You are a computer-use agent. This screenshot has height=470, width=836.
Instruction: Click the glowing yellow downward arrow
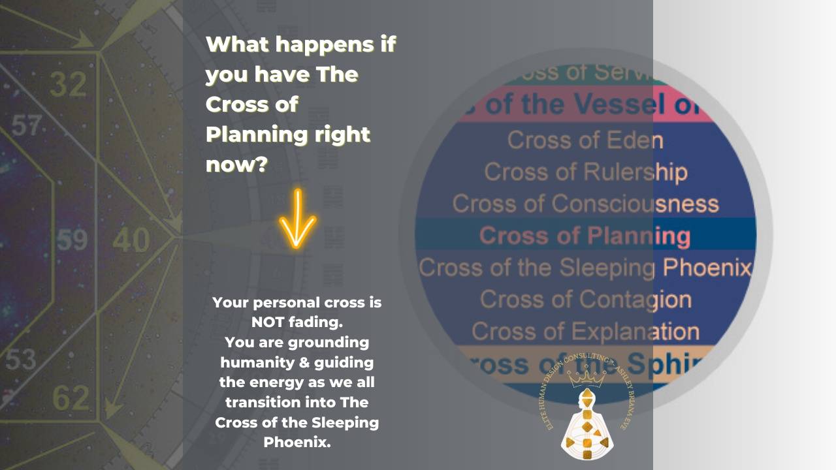(297, 219)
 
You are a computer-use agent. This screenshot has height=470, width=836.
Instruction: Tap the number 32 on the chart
(67, 85)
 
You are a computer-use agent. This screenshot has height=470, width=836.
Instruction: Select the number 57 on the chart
(26, 125)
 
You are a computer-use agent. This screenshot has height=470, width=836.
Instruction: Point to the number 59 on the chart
(72, 240)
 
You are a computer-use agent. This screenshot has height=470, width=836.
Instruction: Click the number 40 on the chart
(131, 240)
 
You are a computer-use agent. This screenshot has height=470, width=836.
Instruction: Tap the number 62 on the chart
(70, 397)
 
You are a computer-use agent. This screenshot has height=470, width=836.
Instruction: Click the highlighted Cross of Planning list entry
(585, 236)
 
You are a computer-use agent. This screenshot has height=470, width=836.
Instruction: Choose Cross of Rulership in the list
(585, 172)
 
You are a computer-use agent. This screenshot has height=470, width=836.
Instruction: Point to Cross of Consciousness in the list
(585, 204)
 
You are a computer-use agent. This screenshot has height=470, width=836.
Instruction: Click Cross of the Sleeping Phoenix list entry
(585, 268)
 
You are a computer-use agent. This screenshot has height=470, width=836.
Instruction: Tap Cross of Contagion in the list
(585, 299)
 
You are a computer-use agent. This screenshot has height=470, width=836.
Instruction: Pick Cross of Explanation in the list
(585, 331)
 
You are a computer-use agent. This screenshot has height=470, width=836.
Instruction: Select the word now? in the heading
(236, 164)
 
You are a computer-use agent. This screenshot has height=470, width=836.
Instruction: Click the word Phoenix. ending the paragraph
(297, 442)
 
